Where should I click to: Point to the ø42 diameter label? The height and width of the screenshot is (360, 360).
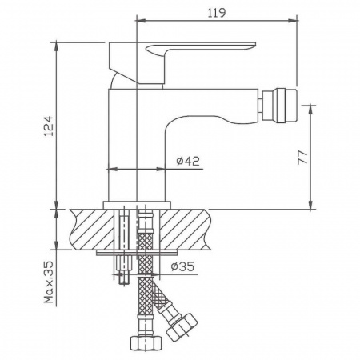186,161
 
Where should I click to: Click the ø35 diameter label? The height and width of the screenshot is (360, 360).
183,267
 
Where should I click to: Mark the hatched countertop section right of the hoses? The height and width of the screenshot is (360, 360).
192,230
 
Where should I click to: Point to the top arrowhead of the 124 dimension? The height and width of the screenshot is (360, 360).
58,42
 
